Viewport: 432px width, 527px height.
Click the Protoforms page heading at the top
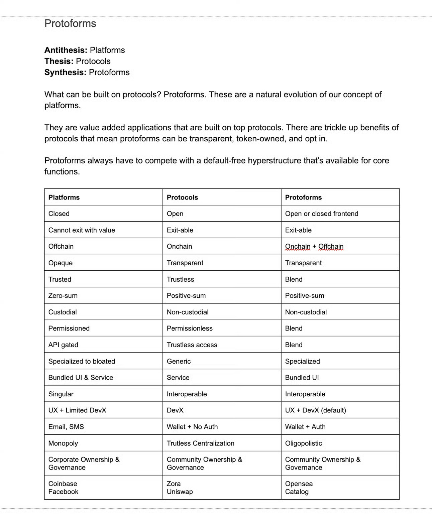click(x=70, y=23)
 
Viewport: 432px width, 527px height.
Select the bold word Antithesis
click(x=66, y=50)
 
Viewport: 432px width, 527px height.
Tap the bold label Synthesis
click(x=65, y=73)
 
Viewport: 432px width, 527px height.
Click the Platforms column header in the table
click(x=64, y=197)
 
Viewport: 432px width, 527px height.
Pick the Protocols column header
click(x=182, y=197)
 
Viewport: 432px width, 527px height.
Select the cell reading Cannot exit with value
click(x=82, y=230)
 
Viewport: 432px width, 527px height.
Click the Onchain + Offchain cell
click(x=314, y=247)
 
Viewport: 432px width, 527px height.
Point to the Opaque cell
click(x=61, y=263)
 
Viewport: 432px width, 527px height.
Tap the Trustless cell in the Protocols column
click(x=180, y=279)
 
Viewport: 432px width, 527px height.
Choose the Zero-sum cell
click(x=63, y=296)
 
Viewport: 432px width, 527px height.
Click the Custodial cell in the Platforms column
click(x=63, y=312)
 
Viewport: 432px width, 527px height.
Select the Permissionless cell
click(x=190, y=328)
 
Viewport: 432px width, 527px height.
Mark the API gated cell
click(x=63, y=345)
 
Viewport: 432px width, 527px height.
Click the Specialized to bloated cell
click(x=82, y=361)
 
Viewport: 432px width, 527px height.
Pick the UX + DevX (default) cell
click(x=315, y=410)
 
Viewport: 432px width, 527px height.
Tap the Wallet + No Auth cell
click(x=192, y=427)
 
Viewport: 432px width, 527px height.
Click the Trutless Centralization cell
click(x=200, y=443)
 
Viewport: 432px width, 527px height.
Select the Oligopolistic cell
click(x=303, y=443)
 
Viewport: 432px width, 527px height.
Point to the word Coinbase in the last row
click(x=63, y=484)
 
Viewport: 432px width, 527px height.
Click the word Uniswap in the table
click(x=180, y=492)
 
